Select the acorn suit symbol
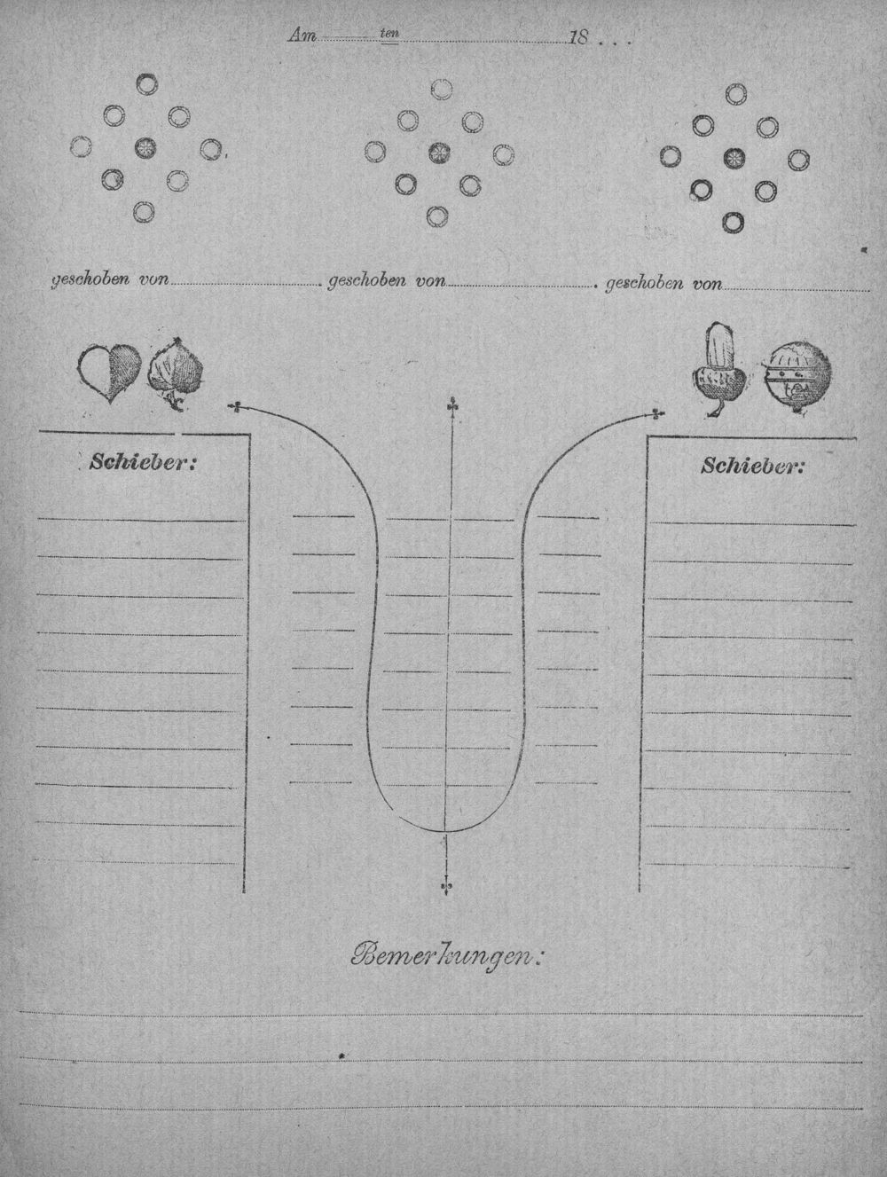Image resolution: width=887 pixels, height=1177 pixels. [x=718, y=369]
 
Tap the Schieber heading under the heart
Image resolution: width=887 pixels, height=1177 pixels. [x=143, y=462]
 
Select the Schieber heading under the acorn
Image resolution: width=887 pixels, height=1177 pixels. [x=753, y=466]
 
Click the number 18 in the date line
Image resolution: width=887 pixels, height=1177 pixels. [x=579, y=38]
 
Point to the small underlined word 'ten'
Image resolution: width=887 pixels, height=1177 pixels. [x=389, y=34]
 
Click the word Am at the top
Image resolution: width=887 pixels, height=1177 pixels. [x=303, y=35]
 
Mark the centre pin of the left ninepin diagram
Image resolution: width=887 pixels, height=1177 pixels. [x=145, y=147]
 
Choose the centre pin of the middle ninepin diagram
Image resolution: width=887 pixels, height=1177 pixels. [x=439, y=153]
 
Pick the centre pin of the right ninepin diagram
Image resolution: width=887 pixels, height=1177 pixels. [x=734, y=158]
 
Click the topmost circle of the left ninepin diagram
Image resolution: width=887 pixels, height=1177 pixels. [x=146, y=83]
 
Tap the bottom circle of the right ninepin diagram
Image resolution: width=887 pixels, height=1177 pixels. [x=733, y=223]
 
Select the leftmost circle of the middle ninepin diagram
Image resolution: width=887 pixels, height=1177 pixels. [x=375, y=151]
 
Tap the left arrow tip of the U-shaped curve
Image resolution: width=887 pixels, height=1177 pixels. [x=232, y=407]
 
